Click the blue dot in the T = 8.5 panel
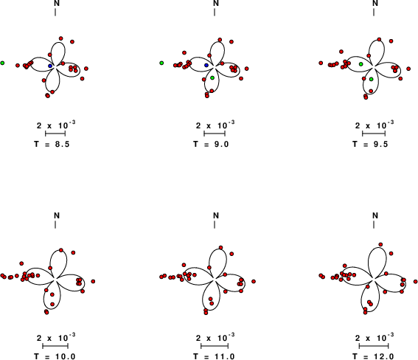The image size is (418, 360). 50,66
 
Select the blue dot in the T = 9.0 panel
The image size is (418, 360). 206,65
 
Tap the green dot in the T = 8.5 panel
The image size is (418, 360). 2,63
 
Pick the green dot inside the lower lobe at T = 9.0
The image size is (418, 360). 212,78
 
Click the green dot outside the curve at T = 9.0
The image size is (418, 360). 161,63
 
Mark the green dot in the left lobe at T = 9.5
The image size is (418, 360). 361,64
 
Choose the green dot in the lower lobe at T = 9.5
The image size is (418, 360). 372,79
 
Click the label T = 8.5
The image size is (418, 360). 52,145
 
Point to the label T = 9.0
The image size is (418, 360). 211,145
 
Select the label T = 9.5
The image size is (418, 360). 370,145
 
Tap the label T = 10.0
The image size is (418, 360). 55,356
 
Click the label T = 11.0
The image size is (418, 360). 214,356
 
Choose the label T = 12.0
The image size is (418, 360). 373,356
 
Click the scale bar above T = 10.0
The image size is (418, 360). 55,346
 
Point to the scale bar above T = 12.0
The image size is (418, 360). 374,346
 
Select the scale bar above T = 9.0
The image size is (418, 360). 215,134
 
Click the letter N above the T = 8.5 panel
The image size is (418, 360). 57,3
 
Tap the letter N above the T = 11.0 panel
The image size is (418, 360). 216,215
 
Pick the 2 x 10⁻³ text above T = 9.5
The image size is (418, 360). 375,125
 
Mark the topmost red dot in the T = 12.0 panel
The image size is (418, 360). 380,244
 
